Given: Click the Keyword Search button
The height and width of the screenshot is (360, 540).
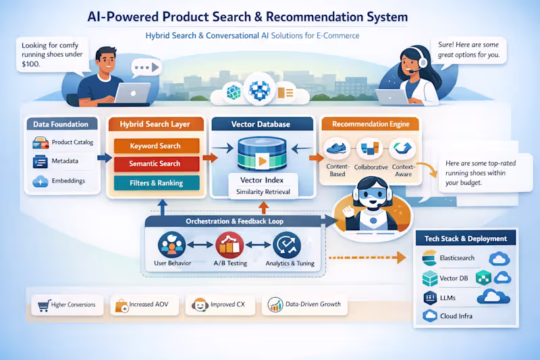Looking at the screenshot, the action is coord(157,146).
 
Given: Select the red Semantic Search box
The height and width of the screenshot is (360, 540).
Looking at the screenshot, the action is coord(157,163).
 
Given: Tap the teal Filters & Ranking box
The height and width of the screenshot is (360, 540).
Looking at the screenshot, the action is coord(157,183).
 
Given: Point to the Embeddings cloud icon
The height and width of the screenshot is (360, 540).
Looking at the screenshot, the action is coord(40,181).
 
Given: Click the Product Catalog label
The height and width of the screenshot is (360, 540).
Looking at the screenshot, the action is coord(72,143).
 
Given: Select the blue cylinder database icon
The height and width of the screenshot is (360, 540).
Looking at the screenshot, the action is coord(262,153).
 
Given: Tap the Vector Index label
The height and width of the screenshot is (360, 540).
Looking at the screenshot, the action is coord(262,180).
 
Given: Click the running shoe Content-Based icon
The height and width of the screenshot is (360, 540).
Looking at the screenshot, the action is coord(336,149).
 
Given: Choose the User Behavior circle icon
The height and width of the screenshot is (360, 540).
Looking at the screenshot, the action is coord(171,245).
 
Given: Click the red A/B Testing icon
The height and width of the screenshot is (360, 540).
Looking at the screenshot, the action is coord(230,245).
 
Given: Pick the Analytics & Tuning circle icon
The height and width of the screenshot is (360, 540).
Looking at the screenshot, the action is coord(287,245).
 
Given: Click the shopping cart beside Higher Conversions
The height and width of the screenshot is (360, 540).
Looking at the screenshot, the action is coord(44,305).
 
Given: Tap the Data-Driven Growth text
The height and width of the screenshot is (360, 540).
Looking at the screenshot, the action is coord(313,304).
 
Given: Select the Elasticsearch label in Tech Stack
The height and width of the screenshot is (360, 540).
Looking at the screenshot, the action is coord(457,258).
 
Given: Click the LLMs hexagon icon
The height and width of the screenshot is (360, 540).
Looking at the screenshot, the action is coord(430,298).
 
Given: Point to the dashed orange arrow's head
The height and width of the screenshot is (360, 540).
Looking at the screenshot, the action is coord(402,257).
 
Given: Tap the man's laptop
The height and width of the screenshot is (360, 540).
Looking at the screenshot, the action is coord(132,93).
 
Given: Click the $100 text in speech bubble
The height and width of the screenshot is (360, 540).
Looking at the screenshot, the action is coord(31,64).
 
